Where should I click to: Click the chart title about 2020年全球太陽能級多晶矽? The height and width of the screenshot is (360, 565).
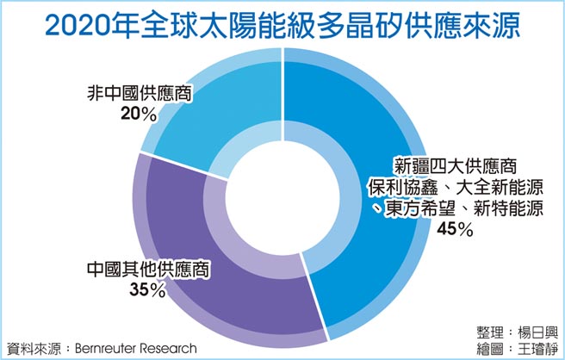tap(282, 23)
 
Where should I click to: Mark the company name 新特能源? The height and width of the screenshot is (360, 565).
tap(509, 208)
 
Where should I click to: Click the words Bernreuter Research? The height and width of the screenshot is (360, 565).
tap(132, 348)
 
